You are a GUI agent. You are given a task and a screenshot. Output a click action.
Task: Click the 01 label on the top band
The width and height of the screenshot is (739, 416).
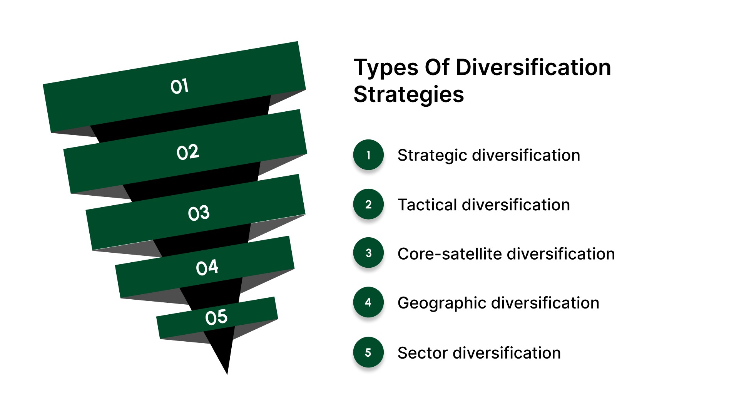179,86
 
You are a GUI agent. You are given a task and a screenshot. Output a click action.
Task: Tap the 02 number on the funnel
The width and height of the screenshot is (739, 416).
188,153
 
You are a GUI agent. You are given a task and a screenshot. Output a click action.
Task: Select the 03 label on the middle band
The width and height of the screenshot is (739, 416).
199,213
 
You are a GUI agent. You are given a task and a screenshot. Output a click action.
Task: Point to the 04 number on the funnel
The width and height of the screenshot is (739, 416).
207,267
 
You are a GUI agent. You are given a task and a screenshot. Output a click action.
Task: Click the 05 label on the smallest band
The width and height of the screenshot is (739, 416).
216,317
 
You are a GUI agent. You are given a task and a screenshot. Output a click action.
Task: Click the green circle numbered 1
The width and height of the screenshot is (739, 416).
368,155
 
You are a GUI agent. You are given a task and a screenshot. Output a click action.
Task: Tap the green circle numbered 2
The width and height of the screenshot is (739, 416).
368,204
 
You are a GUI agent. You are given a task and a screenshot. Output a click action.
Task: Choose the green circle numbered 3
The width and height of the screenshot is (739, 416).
368,253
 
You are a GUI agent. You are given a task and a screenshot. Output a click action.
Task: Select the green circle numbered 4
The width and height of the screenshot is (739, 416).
368,302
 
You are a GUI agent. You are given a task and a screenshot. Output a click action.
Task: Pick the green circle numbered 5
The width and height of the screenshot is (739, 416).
368,352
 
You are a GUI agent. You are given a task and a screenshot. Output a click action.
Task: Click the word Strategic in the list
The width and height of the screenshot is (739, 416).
432,156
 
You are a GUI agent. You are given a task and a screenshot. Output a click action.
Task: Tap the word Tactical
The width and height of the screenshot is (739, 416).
427,205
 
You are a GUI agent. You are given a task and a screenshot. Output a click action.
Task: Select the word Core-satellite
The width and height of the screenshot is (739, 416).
449,254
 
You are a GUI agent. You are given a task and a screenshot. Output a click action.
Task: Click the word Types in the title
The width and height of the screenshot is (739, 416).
386,68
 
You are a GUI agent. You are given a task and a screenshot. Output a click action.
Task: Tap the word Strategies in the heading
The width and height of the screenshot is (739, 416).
409,95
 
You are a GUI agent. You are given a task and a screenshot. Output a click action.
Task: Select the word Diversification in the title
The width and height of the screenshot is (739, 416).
533,67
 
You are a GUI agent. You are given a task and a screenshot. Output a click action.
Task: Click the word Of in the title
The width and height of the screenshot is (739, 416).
437,67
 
